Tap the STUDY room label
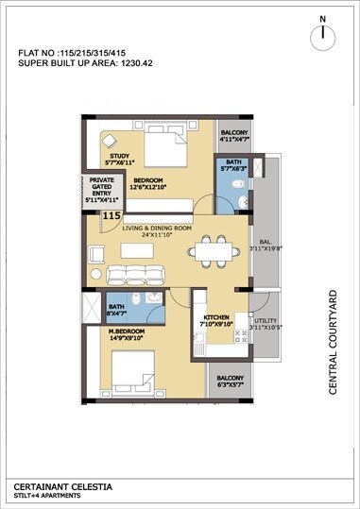pos(119,156)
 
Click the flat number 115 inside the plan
pos(112,216)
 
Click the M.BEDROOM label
pos(128,331)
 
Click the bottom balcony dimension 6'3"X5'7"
pos(230,385)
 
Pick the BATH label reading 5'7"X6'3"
pos(230,166)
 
